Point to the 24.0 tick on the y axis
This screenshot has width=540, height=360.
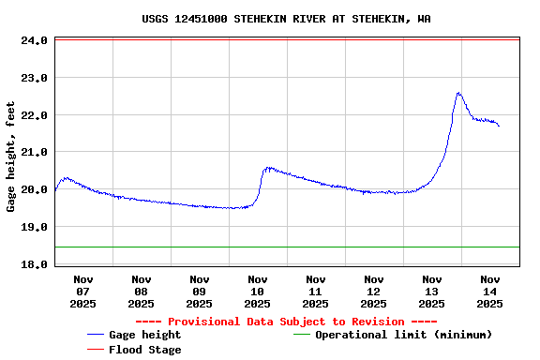(34, 41)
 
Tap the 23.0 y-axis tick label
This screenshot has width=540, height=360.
(34, 78)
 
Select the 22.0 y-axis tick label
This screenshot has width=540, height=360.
(34, 115)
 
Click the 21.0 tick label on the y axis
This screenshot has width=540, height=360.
(34, 152)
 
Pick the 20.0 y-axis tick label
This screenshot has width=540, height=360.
(34, 189)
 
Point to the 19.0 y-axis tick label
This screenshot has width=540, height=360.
(34, 227)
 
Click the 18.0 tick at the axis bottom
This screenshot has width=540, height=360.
(34, 264)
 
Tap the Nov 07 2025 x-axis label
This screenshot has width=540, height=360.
(83, 291)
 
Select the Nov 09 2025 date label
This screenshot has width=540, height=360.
(200, 291)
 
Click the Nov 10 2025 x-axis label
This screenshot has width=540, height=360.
(258, 291)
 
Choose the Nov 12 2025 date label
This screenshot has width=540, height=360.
(374, 291)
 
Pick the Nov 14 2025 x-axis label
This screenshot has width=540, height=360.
(490, 291)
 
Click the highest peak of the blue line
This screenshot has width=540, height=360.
(458, 93)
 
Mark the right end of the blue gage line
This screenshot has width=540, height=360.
(499, 126)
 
